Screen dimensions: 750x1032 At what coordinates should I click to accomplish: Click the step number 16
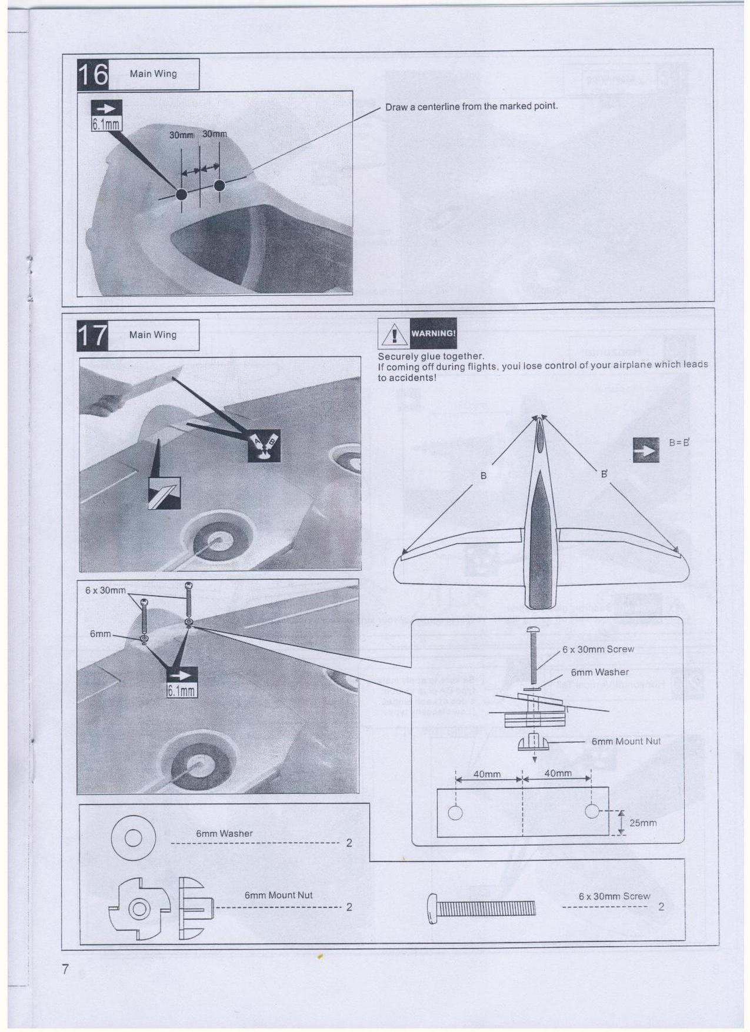coord(93,74)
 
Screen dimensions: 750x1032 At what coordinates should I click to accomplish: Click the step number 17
coord(93,335)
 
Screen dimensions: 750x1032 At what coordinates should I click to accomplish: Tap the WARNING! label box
coord(433,333)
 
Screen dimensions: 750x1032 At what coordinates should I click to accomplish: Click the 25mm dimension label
coord(643,823)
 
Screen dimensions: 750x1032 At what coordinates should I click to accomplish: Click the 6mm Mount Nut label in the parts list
coord(278,895)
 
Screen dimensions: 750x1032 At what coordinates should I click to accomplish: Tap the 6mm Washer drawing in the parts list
coord(134,837)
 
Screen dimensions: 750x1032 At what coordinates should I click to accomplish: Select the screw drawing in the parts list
coord(480,909)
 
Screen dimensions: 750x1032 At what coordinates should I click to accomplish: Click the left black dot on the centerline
coord(181,194)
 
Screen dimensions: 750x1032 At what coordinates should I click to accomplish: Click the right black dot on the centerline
coord(219,185)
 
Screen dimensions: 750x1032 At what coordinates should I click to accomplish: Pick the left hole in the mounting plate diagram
coord(455,813)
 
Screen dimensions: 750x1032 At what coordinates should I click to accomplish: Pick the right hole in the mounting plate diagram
coord(592,811)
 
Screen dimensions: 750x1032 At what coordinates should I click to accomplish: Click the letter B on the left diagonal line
coord(484,475)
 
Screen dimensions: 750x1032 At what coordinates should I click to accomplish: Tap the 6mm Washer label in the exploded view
coord(599,672)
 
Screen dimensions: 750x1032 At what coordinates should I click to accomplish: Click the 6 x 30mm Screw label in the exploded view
coord(598,649)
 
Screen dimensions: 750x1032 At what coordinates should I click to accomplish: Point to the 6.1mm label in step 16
coord(106,124)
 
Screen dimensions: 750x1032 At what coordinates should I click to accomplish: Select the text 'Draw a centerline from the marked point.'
coord(471,106)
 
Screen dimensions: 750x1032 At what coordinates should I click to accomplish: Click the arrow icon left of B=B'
coord(646,450)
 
